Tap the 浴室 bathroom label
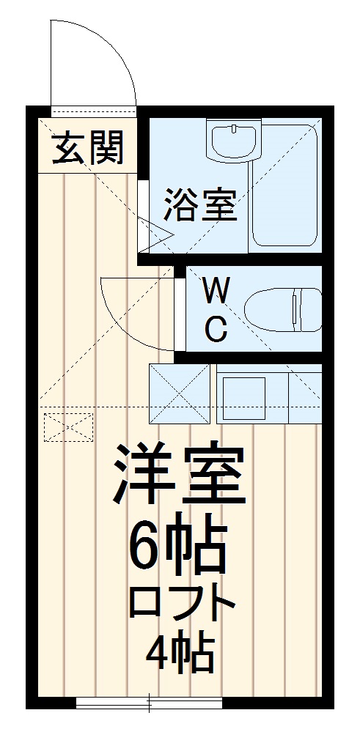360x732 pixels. coord(200,204)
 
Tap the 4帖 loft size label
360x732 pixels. coord(180,654)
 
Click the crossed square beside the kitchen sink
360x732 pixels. coord(180,394)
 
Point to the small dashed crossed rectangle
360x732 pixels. coord(69,427)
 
